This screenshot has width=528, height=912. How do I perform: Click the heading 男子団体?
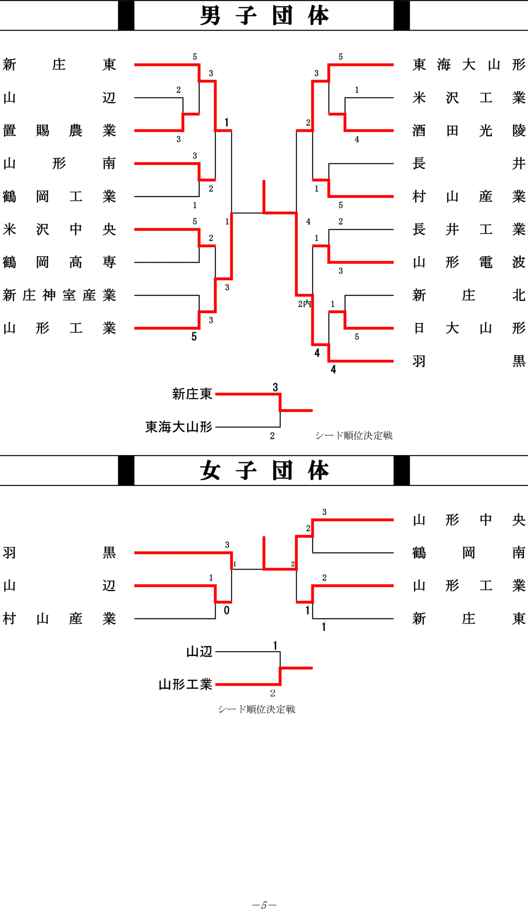pyautogui.click(x=264, y=16)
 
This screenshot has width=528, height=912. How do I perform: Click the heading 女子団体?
pyautogui.click(x=264, y=471)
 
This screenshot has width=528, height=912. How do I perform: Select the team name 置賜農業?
pyautogui.click(x=60, y=131)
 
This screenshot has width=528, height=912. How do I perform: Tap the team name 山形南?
pyautogui.click(x=60, y=164)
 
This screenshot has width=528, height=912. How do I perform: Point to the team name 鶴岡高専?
pyautogui.click(x=60, y=262)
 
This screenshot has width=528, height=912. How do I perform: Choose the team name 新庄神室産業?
pyautogui.click(x=60, y=295)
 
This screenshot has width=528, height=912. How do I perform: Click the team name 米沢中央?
pyautogui.click(x=60, y=229)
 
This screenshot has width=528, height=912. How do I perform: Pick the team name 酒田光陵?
pyautogui.click(x=469, y=131)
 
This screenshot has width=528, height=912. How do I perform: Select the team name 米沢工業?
pyautogui.click(x=469, y=98)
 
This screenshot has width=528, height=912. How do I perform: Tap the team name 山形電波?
pyautogui.click(x=469, y=262)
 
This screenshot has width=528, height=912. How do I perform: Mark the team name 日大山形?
pyautogui.click(x=469, y=328)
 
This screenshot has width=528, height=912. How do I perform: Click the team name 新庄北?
pyautogui.click(x=469, y=295)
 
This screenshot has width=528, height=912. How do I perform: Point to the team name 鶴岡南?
pyautogui.click(x=469, y=553)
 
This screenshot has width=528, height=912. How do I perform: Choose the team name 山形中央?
pyautogui.click(x=469, y=520)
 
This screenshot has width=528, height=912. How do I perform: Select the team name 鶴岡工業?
pyautogui.click(x=60, y=197)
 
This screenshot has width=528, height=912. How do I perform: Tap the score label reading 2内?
pyautogui.click(x=304, y=304)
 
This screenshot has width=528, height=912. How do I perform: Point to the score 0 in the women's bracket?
pyautogui.click(x=227, y=610)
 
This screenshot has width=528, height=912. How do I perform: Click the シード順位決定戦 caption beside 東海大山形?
pyautogui.click(x=354, y=435)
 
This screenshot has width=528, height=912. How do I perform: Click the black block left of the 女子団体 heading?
pyautogui.click(x=126, y=471)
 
